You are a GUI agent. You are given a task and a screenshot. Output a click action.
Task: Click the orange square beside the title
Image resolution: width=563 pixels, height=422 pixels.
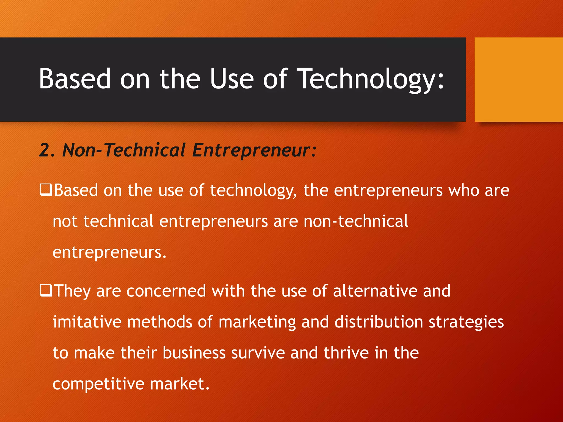click(x=518, y=80)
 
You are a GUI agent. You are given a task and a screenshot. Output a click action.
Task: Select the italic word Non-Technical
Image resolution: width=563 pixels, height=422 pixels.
click(x=124, y=150)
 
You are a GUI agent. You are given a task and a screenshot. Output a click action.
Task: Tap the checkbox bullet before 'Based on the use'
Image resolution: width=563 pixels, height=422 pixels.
click(x=46, y=190)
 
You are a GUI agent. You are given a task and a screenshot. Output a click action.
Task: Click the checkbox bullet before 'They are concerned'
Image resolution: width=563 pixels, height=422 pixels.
click(x=46, y=290)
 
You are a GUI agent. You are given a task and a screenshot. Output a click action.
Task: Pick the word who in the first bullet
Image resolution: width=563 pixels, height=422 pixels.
click(x=464, y=190)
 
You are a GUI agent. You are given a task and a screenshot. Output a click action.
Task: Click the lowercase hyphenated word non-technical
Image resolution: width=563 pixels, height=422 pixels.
click(x=356, y=221)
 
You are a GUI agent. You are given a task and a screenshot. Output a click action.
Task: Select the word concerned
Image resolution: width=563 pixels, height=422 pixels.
click(x=166, y=291)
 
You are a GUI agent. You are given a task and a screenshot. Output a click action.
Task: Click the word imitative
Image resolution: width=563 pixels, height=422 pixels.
click(x=87, y=322)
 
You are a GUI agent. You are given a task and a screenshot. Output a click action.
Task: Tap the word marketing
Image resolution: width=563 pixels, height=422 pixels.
click(x=257, y=322)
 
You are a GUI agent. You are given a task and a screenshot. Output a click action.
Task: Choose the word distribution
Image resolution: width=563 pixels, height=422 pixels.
click(x=379, y=322)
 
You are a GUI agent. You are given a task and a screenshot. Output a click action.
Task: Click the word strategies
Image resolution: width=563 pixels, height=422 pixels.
click(x=466, y=322)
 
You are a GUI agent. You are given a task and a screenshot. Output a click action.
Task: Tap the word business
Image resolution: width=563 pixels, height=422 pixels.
click(x=194, y=353)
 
